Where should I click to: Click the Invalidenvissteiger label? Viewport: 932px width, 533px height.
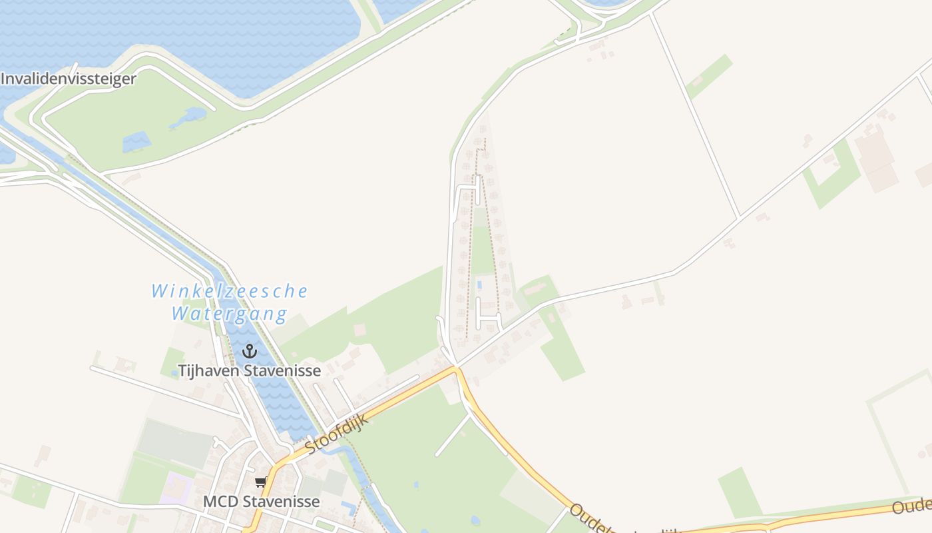coord(69,79)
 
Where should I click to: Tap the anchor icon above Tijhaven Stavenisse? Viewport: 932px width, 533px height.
coord(250,351)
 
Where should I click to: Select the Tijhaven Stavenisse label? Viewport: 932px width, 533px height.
coord(250,370)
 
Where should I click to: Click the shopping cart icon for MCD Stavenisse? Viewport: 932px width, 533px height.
coord(260,482)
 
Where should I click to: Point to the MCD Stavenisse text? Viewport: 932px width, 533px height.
coord(262,501)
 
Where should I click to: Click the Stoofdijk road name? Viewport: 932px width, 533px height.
coord(337,434)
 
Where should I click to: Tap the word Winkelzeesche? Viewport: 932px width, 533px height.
coord(230,291)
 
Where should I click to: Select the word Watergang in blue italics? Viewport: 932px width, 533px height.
coord(230,313)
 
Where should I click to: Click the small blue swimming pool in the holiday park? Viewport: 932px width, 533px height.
coord(480,285)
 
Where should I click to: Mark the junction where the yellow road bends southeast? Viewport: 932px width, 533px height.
coord(456,367)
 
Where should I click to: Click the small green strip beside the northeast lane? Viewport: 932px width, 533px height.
coord(709,75)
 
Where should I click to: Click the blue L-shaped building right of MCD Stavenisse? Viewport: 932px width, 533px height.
coord(348,508)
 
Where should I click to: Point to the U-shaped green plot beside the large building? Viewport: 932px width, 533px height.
coord(832,175)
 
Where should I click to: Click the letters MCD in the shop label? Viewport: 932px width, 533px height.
coord(218,501)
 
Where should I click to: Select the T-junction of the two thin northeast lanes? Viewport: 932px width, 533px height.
coord(739,217)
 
